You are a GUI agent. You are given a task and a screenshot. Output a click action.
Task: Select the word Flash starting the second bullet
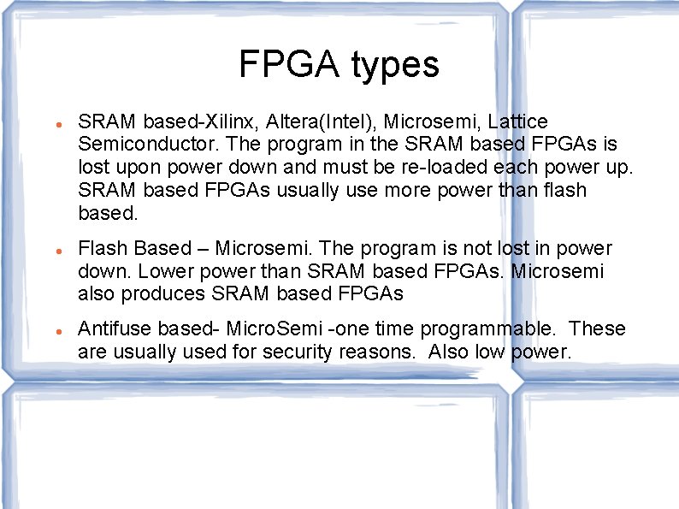point(102,248)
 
